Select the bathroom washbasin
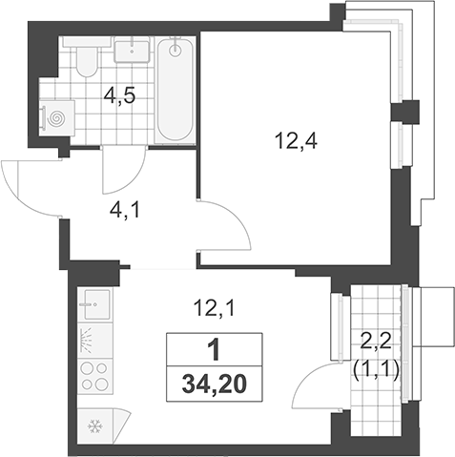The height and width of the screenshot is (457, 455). click(x=132, y=50)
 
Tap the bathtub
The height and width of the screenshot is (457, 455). click(x=176, y=90)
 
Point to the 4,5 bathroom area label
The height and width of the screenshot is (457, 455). click(x=120, y=96)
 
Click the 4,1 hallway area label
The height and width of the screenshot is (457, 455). click(x=124, y=211)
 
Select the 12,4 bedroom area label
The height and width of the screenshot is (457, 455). click(x=297, y=141)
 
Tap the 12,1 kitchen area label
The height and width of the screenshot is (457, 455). click(x=216, y=308)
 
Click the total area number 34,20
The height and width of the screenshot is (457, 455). click(x=215, y=384)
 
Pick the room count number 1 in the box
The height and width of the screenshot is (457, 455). click(x=215, y=349)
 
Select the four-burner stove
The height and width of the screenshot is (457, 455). click(x=95, y=376)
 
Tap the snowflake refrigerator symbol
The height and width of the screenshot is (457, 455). click(x=95, y=426)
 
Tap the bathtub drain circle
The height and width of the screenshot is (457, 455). click(x=176, y=50)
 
